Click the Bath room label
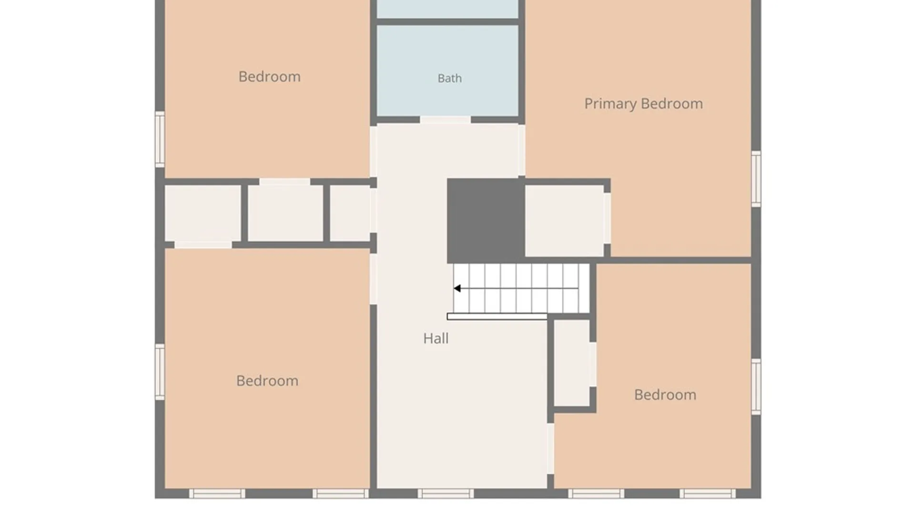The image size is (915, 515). pos(449,78)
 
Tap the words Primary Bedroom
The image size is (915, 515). pos(643,104)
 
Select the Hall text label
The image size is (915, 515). pos(436,339)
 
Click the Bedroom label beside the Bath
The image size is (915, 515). pos(269,77)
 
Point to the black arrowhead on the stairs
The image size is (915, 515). pos(457,288)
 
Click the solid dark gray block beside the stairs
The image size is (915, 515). pos(486,221)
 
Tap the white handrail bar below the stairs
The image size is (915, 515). pos(497,317)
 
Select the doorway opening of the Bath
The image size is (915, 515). pos(445,120)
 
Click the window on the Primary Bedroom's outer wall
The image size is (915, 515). pos(756,179)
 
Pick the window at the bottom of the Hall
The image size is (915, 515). pos(446,494)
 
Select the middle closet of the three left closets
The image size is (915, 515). pos(285,213)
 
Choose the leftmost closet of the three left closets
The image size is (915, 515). pos(203,213)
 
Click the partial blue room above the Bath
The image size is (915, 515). pos(447,9)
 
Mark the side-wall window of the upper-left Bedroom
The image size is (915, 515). pos(160,139)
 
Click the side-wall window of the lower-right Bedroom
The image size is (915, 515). pos(756,387)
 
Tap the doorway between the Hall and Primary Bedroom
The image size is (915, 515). pos(522,150)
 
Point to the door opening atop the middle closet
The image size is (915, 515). pos(285,182)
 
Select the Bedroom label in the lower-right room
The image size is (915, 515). pos(665,395)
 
